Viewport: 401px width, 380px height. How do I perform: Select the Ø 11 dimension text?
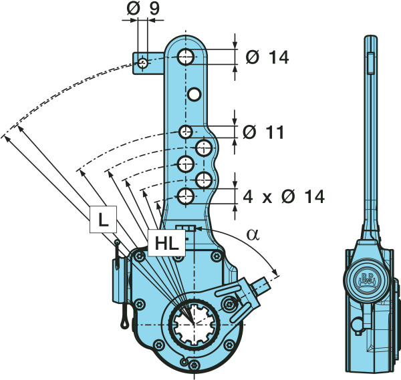(x=265, y=132)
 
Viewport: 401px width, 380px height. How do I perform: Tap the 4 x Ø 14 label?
(x=283, y=196)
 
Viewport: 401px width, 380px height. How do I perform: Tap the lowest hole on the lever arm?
(x=186, y=196)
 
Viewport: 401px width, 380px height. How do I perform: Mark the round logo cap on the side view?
(x=367, y=278)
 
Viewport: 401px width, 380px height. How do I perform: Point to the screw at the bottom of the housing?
(x=193, y=364)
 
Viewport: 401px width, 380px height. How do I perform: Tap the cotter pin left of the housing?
(x=120, y=287)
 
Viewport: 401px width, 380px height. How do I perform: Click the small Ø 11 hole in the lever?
(x=186, y=131)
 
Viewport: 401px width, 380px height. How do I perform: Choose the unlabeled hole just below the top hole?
(x=194, y=94)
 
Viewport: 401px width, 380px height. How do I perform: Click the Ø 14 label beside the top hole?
(x=267, y=57)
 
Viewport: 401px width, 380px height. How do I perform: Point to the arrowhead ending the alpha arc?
(x=275, y=273)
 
